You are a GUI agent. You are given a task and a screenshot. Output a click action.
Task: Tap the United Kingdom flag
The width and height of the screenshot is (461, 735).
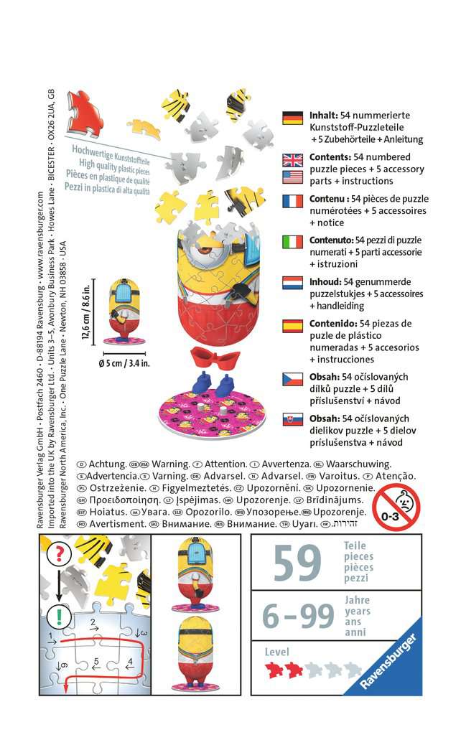(293, 159)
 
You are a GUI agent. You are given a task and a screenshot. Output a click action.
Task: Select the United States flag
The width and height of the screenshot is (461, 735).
(293, 177)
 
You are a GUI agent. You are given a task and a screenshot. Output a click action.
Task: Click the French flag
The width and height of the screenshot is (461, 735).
(293, 201)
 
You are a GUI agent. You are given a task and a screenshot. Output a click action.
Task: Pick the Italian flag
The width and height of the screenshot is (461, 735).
(293, 242)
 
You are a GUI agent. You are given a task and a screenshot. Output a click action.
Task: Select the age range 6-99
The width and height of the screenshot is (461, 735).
(297, 616)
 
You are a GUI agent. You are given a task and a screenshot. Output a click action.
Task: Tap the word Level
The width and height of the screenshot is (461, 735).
(277, 652)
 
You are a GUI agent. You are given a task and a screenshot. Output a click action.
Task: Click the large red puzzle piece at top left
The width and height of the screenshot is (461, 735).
(85, 111)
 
